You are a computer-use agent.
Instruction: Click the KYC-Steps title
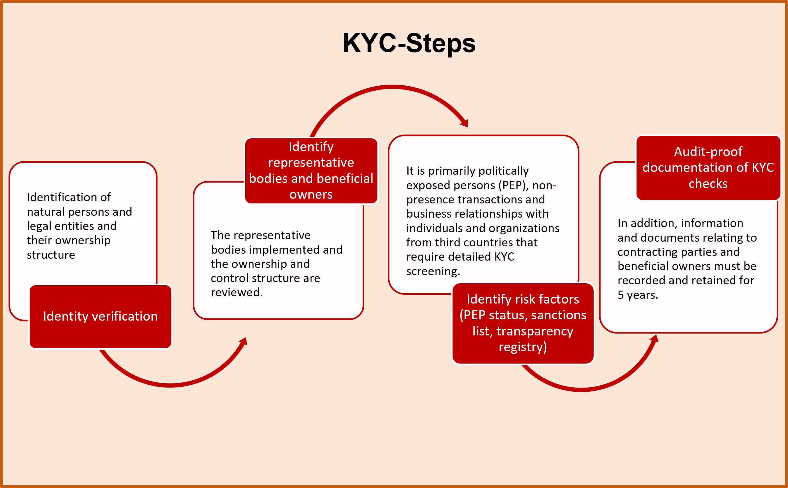point(409,43)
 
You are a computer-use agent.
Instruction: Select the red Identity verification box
point(100,316)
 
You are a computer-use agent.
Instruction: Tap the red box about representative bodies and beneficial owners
point(311,171)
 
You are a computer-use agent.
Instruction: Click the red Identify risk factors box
point(523,323)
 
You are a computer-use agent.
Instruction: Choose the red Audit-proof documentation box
point(708,167)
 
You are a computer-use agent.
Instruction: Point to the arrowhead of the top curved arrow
point(464,123)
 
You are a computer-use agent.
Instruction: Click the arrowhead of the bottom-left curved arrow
point(243,341)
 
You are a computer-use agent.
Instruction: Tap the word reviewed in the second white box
point(237,292)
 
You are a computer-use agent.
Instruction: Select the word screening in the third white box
point(433,271)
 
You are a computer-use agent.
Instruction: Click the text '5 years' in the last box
point(637,295)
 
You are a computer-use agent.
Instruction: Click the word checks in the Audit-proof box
point(708,184)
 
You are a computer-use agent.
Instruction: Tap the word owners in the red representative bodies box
point(311,195)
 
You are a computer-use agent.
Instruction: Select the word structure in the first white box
point(51,255)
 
